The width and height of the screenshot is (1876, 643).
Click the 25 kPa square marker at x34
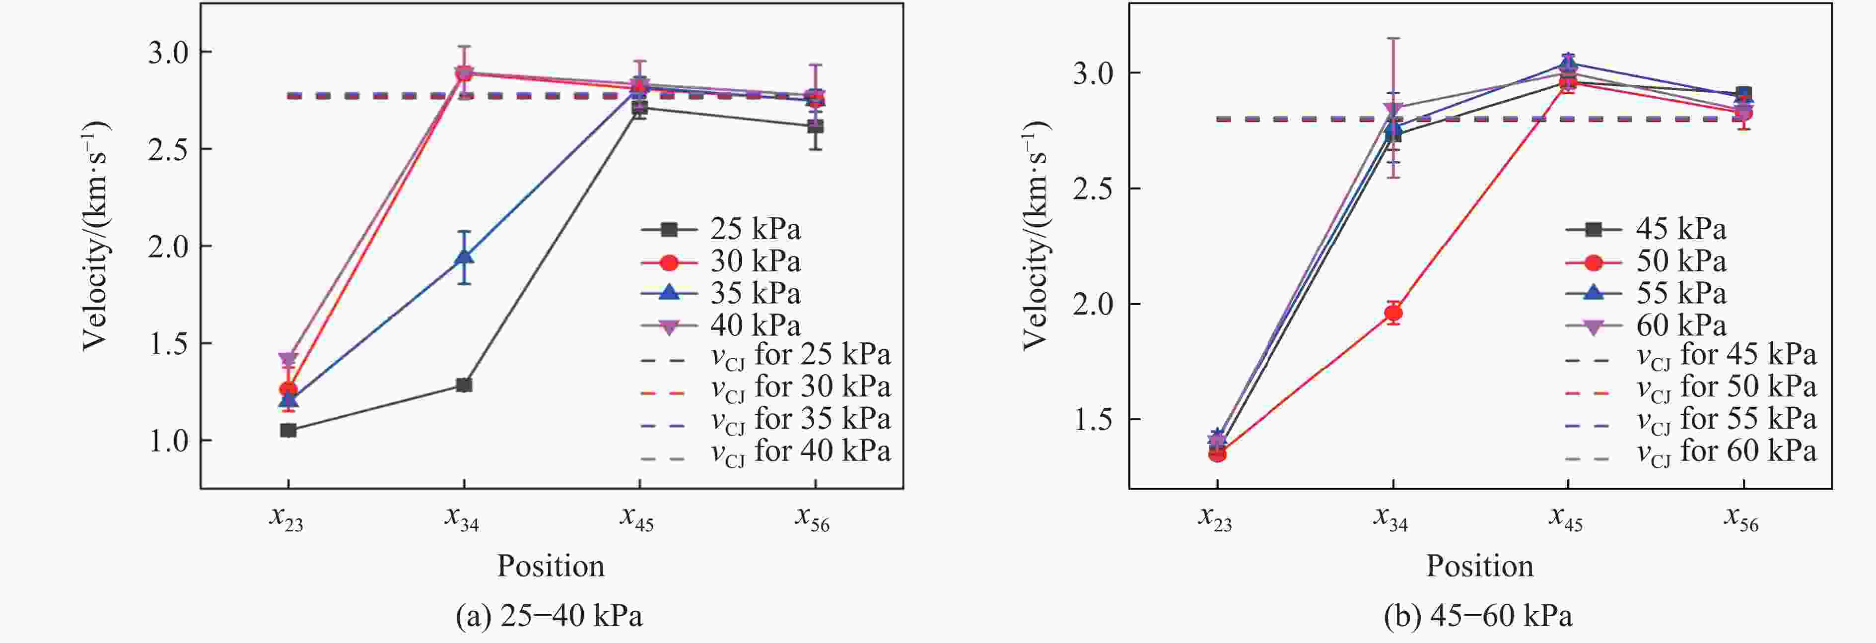pyautogui.click(x=464, y=385)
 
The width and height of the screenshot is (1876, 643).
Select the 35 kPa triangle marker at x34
pyautogui.click(x=464, y=258)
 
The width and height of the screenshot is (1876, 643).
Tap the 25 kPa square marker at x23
pyautogui.click(x=288, y=430)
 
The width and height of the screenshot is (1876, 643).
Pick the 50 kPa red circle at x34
pyautogui.click(x=1393, y=313)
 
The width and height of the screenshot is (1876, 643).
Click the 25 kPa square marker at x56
pyautogui.click(x=815, y=127)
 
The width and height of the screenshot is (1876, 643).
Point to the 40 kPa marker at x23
pyautogui.click(x=288, y=359)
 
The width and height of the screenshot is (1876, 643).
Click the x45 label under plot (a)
pyautogui.click(x=637, y=518)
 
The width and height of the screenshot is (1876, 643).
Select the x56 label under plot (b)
pyautogui.click(x=1741, y=518)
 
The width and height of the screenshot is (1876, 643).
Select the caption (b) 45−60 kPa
pyautogui.click(x=1478, y=616)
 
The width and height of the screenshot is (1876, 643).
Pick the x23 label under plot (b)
pyautogui.click(x=1215, y=518)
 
